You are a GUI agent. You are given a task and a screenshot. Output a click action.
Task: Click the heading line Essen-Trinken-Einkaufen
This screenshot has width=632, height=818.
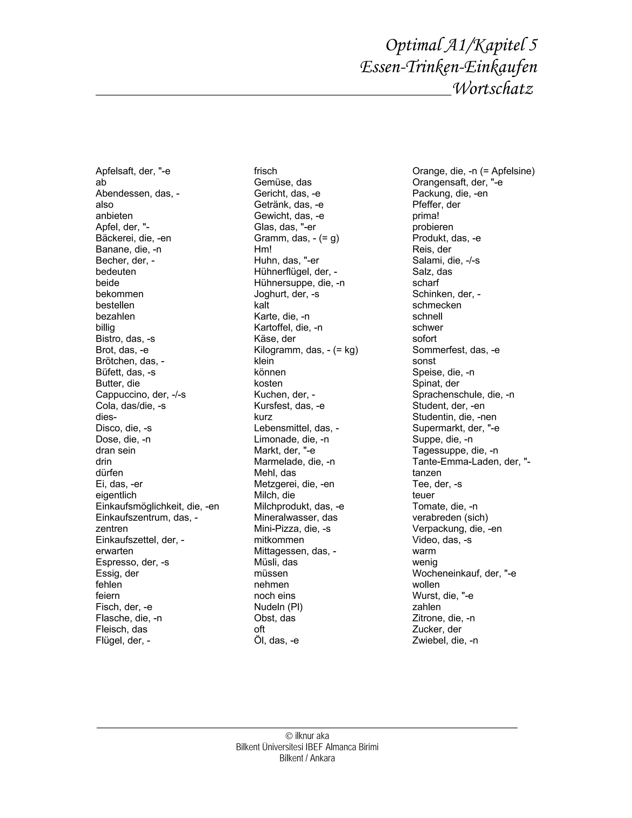click(x=448, y=67)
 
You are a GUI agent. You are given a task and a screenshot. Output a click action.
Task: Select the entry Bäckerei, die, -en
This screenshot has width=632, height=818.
click(x=133, y=238)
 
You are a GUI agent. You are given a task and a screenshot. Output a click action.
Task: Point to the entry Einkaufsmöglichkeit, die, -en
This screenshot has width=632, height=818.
click(x=157, y=506)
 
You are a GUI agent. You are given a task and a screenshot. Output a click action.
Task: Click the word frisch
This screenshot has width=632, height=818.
click(x=265, y=171)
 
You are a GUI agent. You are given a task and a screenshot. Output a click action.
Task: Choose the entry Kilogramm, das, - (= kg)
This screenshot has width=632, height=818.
click(x=306, y=350)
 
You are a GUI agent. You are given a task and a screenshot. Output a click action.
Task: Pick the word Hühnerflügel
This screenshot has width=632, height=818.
click(x=285, y=272)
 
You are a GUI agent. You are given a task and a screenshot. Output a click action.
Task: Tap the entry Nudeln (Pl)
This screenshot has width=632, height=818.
click(x=278, y=607)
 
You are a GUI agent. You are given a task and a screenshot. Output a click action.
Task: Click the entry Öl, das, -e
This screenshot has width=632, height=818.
click(x=276, y=641)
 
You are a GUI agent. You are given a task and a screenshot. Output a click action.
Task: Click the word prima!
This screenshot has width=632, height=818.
click(x=426, y=216)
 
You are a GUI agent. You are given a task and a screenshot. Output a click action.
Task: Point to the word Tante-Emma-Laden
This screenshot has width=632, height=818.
click(x=456, y=461)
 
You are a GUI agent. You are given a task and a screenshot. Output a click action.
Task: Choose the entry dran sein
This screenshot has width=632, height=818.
click(x=115, y=451)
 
